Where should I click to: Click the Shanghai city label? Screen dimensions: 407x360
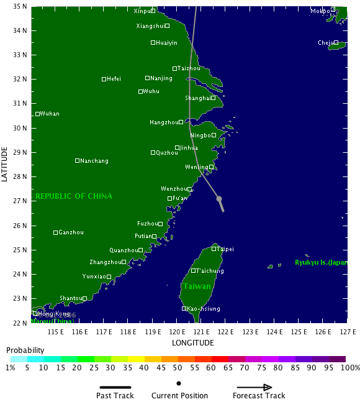tap(198, 98)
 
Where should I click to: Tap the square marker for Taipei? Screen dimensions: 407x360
tap(214, 249)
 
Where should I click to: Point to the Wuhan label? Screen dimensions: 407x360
tap(50, 114)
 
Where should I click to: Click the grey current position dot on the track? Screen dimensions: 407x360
tap(219, 199)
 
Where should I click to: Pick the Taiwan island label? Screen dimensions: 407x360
tap(197, 286)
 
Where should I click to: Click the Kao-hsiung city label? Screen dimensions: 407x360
tap(204, 308)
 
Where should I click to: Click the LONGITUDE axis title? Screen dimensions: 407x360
tap(194, 343)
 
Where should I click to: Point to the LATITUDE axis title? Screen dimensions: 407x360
tap(5, 164)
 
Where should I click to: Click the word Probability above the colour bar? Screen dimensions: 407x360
tap(25, 350)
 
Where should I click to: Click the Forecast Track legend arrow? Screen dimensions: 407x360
tap(259, 386)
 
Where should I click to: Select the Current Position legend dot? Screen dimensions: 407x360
tap(179, 383)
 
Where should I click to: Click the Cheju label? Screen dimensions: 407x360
tap(326, 43)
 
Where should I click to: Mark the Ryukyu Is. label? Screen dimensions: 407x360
tap(321, 262)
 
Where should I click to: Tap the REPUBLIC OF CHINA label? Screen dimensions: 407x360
tap(74, 196)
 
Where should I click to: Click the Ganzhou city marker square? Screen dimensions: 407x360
tap(55, 232)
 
